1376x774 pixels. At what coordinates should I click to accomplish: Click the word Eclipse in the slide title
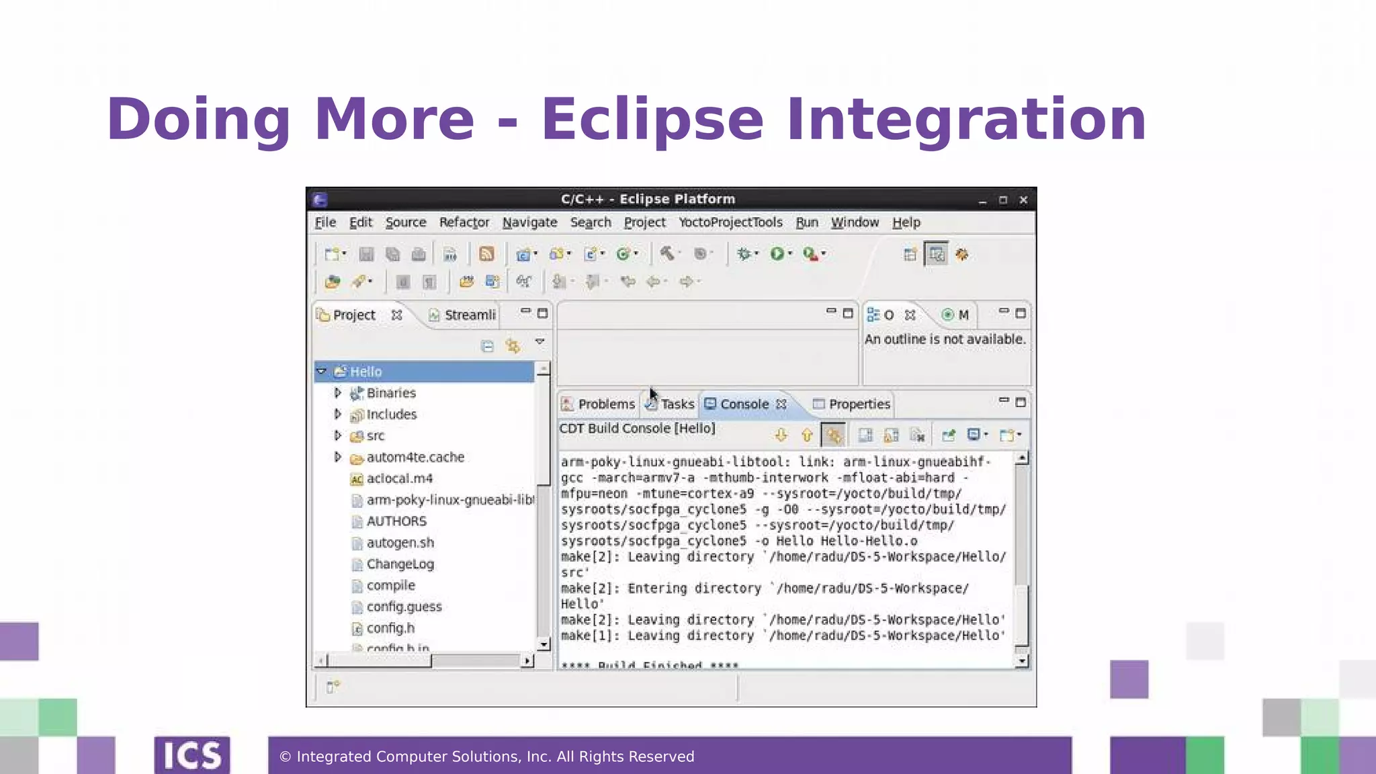pyautogui.click(x=652, y=120)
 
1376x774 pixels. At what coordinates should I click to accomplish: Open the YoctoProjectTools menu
pyautogui.click(x=730, y=222)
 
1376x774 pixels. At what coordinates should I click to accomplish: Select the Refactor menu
pyautogui.click(x=464, y=222)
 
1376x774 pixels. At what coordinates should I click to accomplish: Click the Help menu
pyautogui.click(x=906, y=222)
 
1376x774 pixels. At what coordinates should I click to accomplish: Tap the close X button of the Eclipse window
pyautogui.click(x=1023, y=200)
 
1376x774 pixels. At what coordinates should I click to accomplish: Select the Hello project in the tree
pyautogui.click(x=365, y=372)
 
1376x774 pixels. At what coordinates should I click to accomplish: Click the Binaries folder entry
pyautogui.click(x=391, y=393)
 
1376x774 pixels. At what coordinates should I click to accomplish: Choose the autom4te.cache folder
pyautogui.click(x=415, y=458)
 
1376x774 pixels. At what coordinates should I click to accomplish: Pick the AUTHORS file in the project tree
pyautogui.click(x=396, y=521)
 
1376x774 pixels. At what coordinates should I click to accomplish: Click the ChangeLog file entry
pyautogui.click(x=400, y=564)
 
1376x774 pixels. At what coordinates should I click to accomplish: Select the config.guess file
pyautogui.click(x=404, y=607)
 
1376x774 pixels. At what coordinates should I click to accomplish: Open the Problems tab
pyautogui.click(x=606, y=404)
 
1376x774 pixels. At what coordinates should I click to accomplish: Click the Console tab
pyautogui.click(x=744, y=404)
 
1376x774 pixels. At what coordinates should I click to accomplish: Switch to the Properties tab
pyautogui.click(x=859, y=404)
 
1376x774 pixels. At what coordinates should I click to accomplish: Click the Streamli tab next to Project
pyautogui.click(x=469, y=315)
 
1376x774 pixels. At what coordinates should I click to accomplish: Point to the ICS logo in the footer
pyautogui.click(x=192, y=756)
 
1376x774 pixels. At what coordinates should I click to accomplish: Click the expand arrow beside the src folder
pyautogui.click(x=337, y=435)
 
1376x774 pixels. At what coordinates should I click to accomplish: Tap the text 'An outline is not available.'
pyautogui.click(x=945, y=339)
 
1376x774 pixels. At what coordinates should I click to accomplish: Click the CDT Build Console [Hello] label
pyautogui.click(x=637, y=429)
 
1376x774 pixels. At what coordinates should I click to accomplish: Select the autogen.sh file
pyautogui.click(x=400, y=543)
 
